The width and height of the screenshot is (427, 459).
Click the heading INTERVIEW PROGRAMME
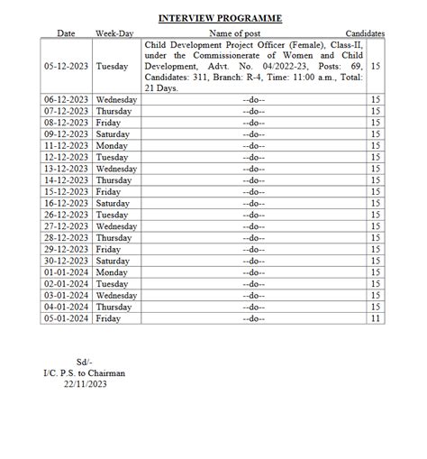pyautogui.click(x=220, y=18)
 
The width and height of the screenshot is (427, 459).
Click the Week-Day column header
pyautogui.click(x=114, y=33)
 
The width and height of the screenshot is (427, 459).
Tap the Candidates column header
pyautogui.click(x=365, y=33)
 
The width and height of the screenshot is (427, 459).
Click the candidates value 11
pyautogui.click(x=376, y=318)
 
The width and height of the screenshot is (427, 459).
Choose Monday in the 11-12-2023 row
pyautogui.click(x=112, y=145)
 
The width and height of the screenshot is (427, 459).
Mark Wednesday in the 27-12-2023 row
pyautogui.click(x=116, y=226)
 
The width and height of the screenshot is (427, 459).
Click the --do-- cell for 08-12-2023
pyautogui.click(x=253, y=123)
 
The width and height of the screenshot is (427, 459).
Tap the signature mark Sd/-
pyautogui.click(x=84, y=362)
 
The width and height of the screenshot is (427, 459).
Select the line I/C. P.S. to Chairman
pyautogui.click(x=84, y=373)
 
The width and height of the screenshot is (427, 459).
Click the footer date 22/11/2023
pyautogui.click(x=84, y=385)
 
